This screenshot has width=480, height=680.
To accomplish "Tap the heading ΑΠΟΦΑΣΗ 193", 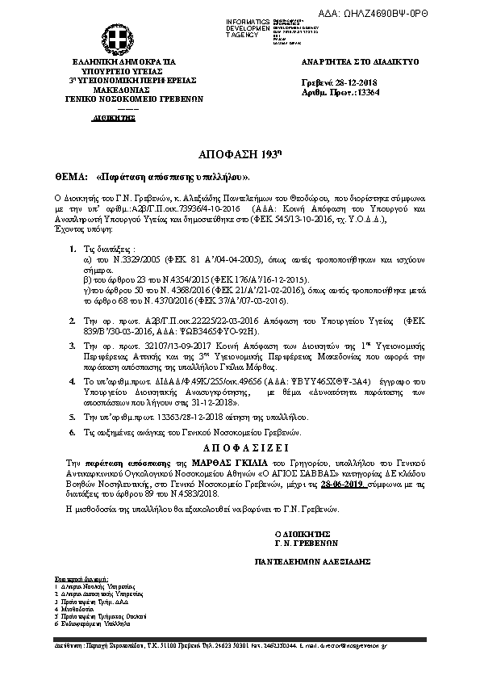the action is pyautogui.click(x=240, y=153).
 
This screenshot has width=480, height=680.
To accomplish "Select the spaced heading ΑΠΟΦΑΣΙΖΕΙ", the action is pyautogui.click(x=240, y=447).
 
